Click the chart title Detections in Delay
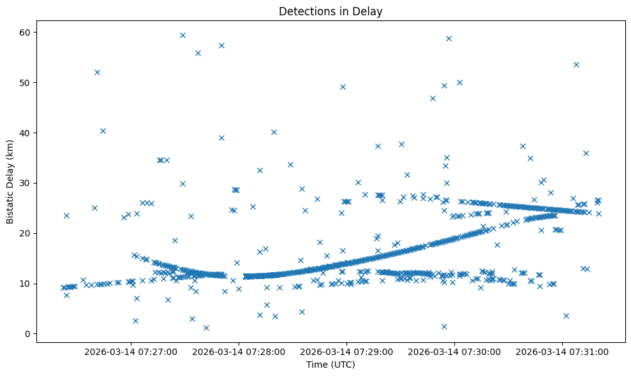tap(330, 11)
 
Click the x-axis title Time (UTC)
tap(330, 365)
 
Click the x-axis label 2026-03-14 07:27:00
tap(131, 351)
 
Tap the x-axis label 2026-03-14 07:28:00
tap(239, 351)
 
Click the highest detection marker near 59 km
tap(182, 35)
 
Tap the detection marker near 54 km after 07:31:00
tap(576, 64)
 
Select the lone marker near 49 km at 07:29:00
tap(343, 87)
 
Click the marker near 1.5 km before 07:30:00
tap(444, 326)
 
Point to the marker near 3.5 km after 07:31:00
tap(566, 315)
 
